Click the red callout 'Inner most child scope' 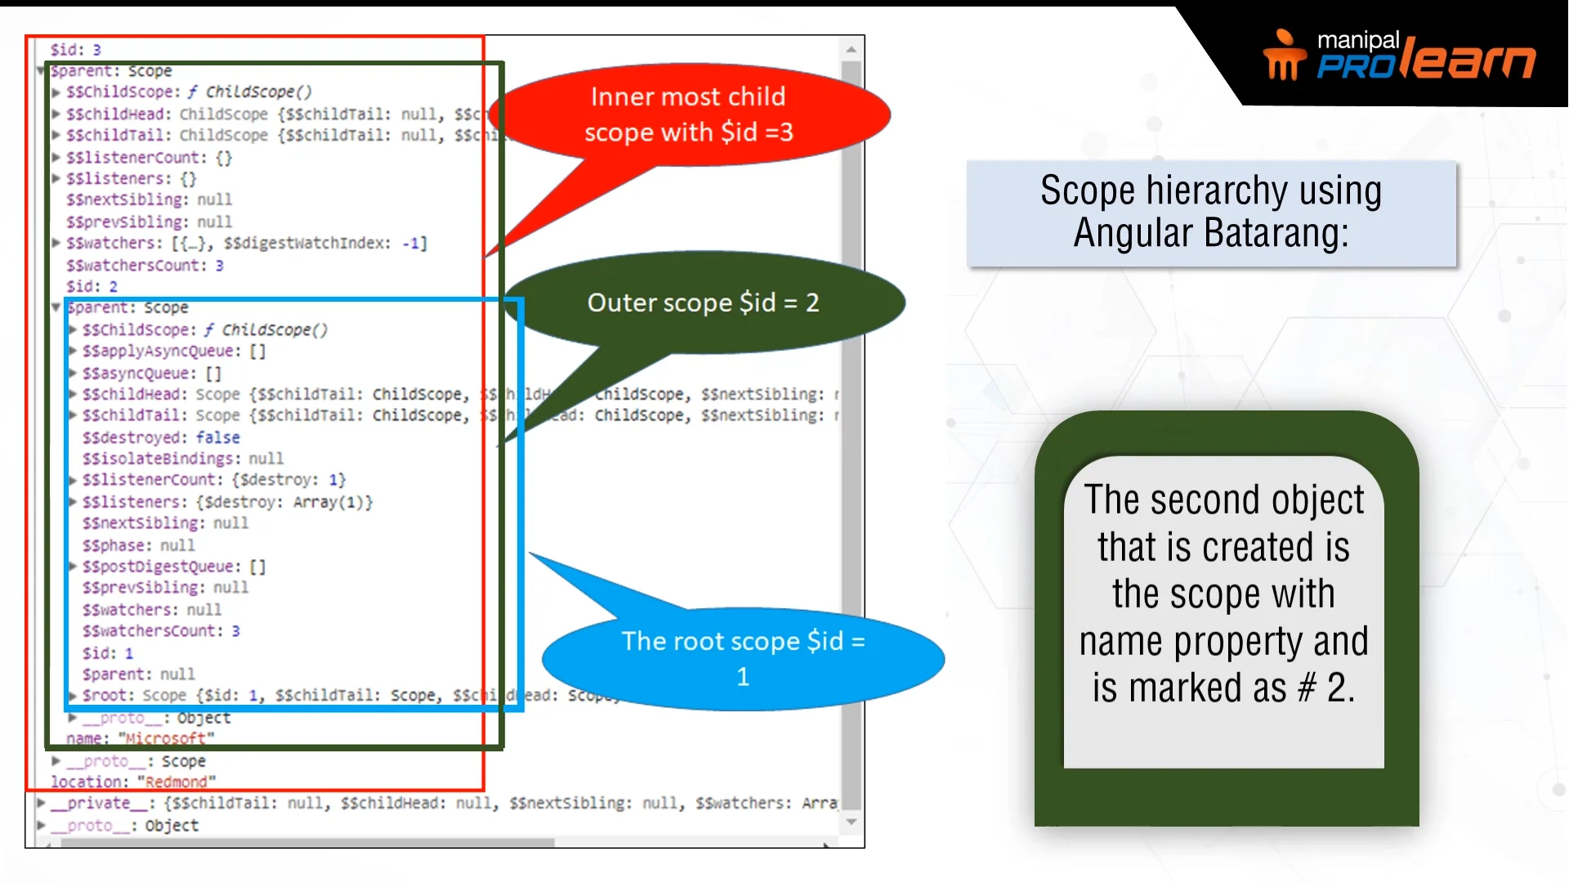[x=688, y=114]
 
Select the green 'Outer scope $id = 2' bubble [x=703, y=303]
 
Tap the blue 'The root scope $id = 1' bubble [x=742, y=658]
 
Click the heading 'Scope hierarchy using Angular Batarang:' [x=1211, y=213]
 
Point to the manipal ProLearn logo [x=1399, y=56]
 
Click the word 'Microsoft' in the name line [x=166, y=738]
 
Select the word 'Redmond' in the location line [x=176, y=782]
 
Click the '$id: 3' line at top [x=75, y=50]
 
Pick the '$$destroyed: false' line [x=161, y=437]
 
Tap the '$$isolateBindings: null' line [x=182, y=459]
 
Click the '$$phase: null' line [x=138, y=545]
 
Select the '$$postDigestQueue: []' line [x=173, y=567]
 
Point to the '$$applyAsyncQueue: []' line [x=173, y=351]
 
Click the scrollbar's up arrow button [x=852, y=49]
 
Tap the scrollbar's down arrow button [x=852, y=822]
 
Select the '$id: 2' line [x=92, y=287]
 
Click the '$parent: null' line [x=138, y=675]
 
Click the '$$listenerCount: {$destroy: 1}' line [x=214, y=480]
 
